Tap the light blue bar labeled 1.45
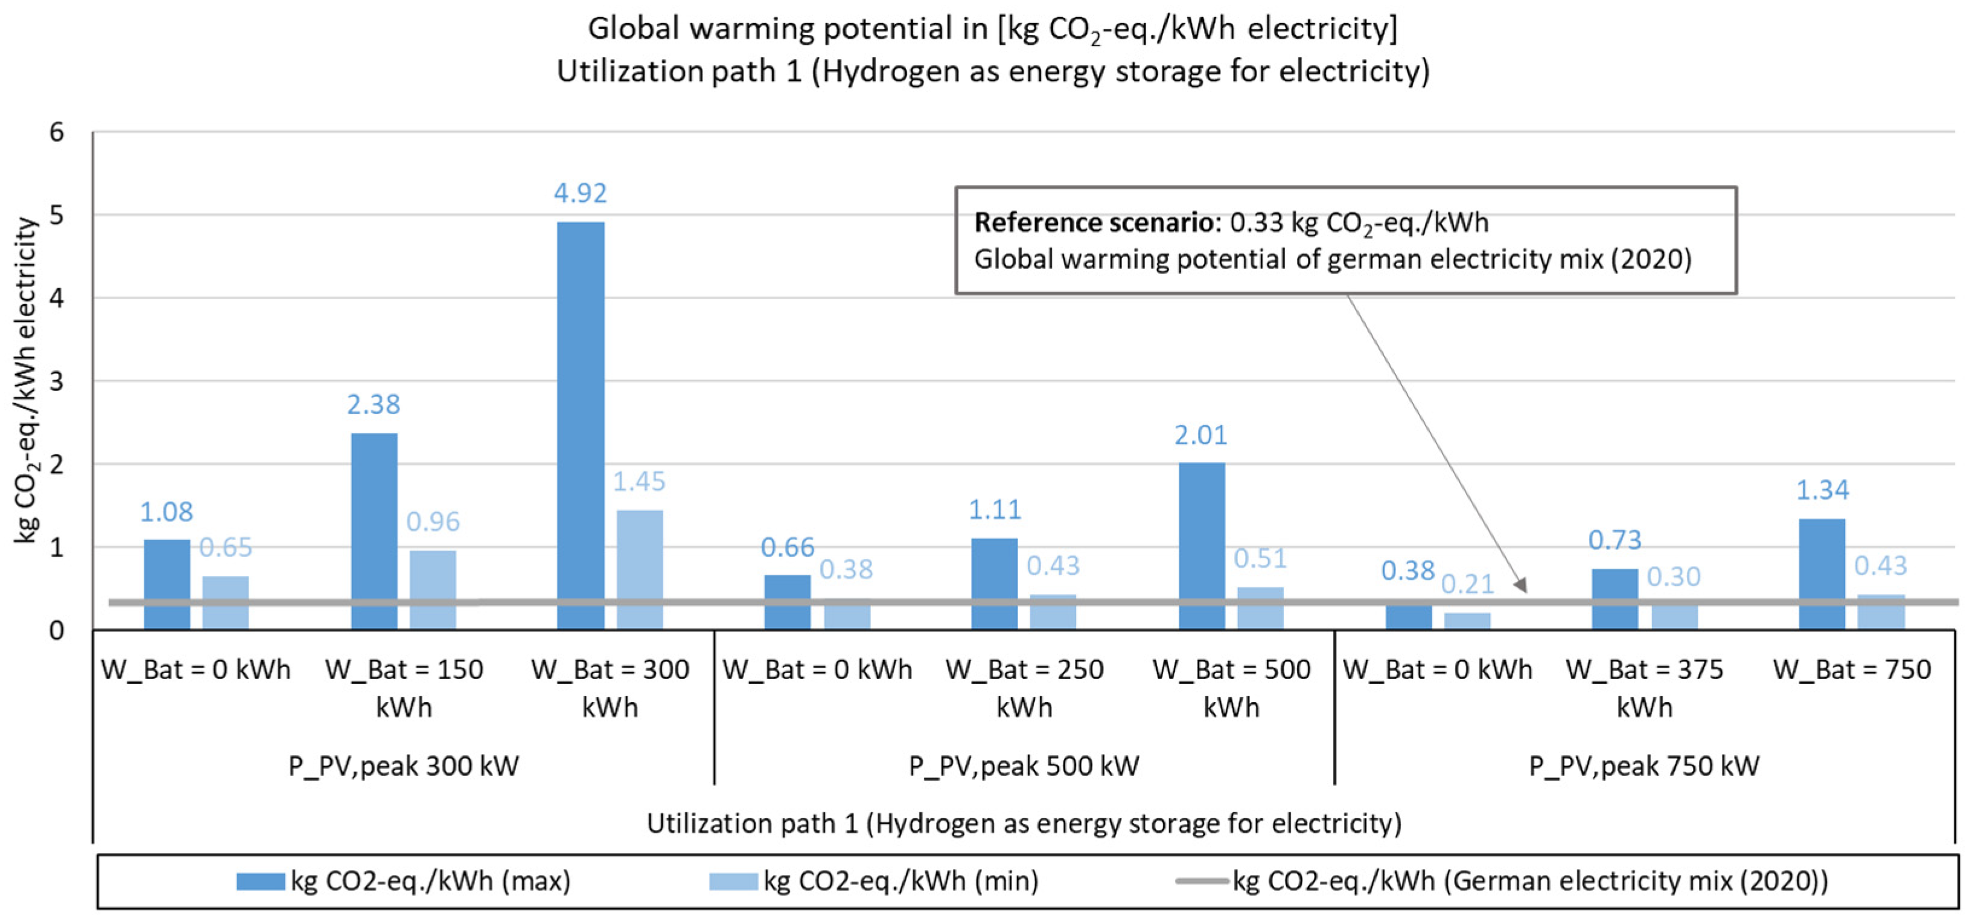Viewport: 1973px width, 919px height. (640, 569)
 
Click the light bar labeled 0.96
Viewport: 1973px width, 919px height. (433, 588)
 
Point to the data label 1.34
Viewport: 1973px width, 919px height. (1823, 490)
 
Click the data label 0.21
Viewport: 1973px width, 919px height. (1467, 585)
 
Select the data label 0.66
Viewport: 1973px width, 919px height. (788, 547)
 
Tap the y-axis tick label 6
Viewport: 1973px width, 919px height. (57, 132)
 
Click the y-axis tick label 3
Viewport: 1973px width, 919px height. (57, 381)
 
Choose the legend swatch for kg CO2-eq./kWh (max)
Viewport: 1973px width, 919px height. (260, 882)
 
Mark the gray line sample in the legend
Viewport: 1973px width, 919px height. (1202, 882)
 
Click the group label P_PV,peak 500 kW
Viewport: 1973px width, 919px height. (1024, 766)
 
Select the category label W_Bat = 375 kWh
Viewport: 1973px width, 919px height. (1645, 688)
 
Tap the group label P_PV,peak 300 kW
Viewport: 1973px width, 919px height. (404, 766)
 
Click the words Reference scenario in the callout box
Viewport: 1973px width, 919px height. (1094, 223)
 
